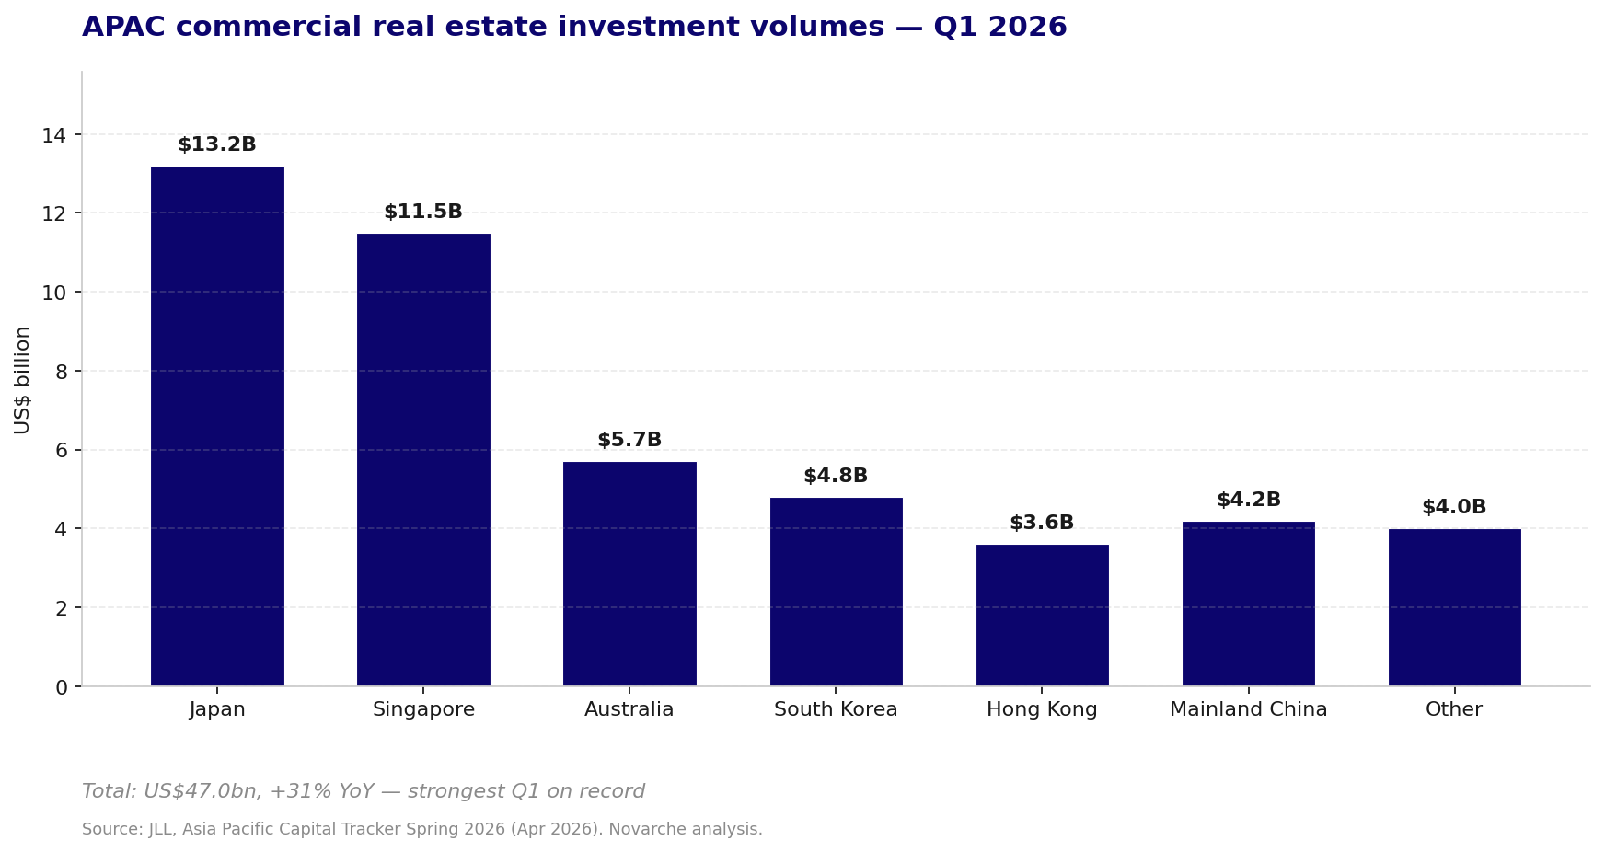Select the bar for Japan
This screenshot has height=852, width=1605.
217,426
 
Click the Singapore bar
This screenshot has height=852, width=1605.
423,460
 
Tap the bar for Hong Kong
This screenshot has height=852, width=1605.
1042,616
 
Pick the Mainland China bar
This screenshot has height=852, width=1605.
1248,604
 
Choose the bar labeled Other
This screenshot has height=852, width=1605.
1454,607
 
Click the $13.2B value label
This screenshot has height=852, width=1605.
217,145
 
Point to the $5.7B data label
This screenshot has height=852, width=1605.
629,441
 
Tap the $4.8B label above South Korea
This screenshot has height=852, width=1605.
836,477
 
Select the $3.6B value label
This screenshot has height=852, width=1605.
1042,524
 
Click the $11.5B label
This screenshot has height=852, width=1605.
423,213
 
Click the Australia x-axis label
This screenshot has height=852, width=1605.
629,710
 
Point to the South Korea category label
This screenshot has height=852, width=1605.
836,710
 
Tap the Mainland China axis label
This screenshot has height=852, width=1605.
1248,710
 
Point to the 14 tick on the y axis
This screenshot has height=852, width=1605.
54,135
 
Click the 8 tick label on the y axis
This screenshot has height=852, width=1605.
62,372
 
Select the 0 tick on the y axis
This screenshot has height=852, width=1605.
62,687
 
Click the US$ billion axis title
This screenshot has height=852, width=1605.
23,380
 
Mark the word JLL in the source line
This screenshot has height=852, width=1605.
161,830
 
